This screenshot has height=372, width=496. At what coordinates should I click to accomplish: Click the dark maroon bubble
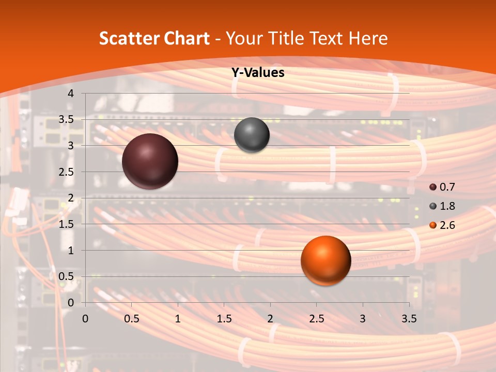[x=150, y=161]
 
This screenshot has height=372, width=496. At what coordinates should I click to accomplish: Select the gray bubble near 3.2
[x=252, y=135]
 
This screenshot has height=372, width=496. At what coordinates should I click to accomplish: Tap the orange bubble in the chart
[x=326, y=261]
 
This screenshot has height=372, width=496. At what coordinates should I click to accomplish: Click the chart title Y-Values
[x=258, y=73]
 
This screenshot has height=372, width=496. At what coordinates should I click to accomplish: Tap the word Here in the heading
[x=368, y=38]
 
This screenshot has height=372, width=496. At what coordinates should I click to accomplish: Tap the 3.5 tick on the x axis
[x=409, y=318]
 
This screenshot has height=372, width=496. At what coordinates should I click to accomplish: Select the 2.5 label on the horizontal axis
[x=316, y=318]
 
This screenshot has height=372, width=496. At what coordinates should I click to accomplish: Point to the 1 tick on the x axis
[x=178, y=318]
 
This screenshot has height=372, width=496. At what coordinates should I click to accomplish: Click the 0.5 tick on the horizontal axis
[x=132, y=318]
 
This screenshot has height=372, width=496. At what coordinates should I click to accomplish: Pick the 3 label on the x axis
[x=363, y=318]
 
